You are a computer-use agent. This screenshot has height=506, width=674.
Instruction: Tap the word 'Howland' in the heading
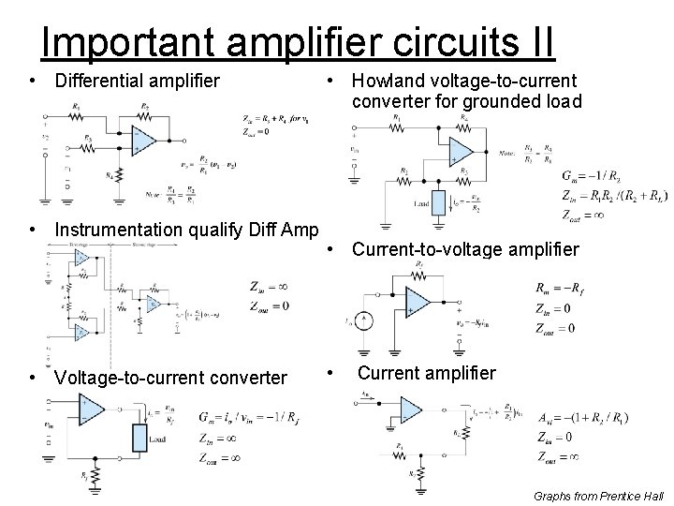pos(388,82)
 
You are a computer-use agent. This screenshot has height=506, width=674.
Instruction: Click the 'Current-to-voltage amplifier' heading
pos(465,250)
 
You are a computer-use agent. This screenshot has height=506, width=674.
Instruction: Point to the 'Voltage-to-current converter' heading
pos(171,378)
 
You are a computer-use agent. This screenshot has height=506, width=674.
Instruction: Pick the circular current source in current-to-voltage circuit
pos(367,320)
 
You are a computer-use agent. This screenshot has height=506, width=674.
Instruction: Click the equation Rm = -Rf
pos(559,289)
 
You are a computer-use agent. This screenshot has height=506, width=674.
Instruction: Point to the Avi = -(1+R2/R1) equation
pos(582,417)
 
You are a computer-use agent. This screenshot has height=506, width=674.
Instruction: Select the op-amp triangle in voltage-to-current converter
pos(91,409)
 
